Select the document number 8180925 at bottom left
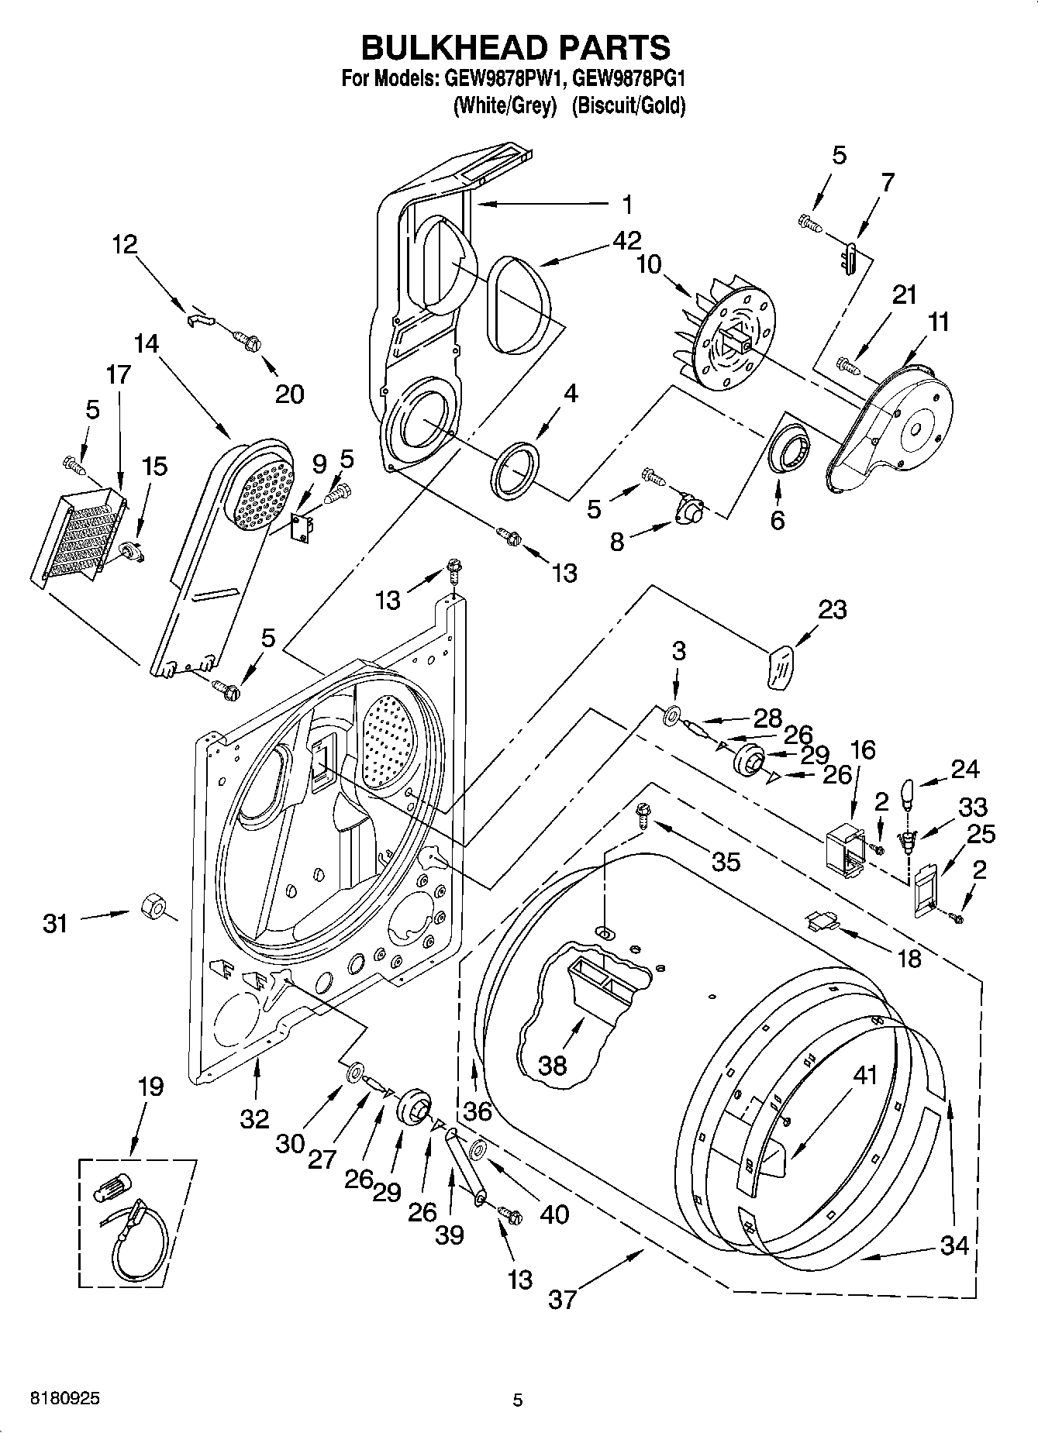coord(64,1400)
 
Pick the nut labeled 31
coord(150,906)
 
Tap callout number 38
coord(553,1066)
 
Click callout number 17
coord(118,374)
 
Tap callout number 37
coord(563,1297)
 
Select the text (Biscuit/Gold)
coord(628,105)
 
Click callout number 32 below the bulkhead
coord(254,1118)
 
